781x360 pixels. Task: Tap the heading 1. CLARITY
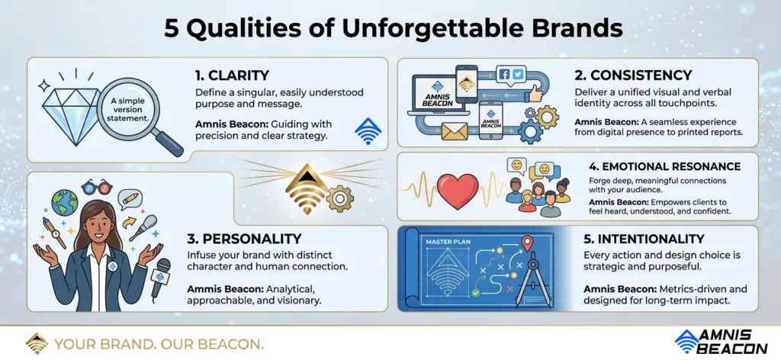[x=232, y=76]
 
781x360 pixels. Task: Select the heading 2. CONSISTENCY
[x=633, y=76]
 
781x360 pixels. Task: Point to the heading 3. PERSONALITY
[x=244, y=239]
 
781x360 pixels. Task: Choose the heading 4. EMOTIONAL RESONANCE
[x=664, y=166]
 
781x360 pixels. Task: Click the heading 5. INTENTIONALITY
[x=644, y=239]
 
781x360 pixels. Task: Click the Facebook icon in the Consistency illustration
[x=504, y=75]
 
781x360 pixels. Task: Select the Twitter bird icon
[x=518, y=75]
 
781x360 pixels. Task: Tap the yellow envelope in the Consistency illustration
[x=455, y=131]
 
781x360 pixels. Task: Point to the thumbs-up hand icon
[x=534, y=93]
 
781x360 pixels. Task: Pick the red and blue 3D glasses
[x=97, y=187]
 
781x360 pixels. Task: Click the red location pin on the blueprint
[x=526, y=244]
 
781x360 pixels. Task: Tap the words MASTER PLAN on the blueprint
[x=448, y=243]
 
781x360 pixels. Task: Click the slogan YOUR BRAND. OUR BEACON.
[x=159, y=344]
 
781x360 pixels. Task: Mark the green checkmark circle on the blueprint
[x=475, y=293]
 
